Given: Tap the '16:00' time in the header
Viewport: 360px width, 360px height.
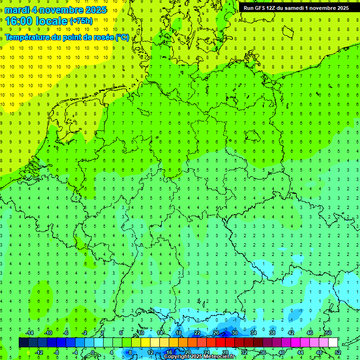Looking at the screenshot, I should [19, 21].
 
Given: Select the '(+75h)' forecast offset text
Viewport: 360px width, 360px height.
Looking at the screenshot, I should [81, 21].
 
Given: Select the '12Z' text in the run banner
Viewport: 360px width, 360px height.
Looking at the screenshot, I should [271, 8].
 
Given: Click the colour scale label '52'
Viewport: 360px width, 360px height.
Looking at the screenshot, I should [337, 352].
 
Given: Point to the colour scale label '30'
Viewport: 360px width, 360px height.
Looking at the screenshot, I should [234, 333].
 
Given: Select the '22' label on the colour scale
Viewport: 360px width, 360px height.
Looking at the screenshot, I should [197, 333].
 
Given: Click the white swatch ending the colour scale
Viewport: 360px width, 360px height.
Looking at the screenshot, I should [333, 343].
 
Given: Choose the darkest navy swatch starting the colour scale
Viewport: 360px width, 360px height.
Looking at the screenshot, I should [23, 343].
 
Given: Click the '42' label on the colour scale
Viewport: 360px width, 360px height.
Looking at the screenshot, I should [291, 333].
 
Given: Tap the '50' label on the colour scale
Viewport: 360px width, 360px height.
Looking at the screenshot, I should [328, 333].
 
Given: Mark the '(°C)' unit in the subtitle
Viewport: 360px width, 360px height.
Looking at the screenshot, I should [122, 37].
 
